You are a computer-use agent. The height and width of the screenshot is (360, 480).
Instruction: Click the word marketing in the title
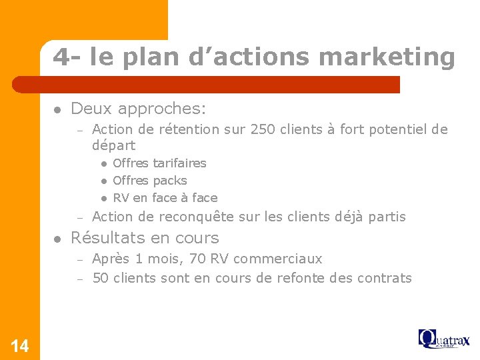[387, 57]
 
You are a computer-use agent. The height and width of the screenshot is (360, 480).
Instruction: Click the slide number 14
[20, 345]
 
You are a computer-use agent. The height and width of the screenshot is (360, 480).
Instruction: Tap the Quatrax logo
[443, 339]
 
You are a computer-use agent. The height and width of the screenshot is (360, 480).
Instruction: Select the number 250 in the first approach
[262, 129]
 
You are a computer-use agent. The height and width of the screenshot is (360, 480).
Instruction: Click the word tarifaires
[179, 163]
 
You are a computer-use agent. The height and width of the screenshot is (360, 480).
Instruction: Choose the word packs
[170, 181]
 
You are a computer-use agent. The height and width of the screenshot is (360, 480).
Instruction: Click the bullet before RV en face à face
[104, 198]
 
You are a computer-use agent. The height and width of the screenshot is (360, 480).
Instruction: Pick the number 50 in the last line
[101, 278]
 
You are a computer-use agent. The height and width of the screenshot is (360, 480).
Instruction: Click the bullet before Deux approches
[58, 109]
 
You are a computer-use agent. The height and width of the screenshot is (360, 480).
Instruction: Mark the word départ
[113, 145]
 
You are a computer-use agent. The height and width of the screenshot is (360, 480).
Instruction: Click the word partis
[386, 217]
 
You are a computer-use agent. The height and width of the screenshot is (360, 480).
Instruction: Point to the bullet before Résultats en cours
[58, 238]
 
